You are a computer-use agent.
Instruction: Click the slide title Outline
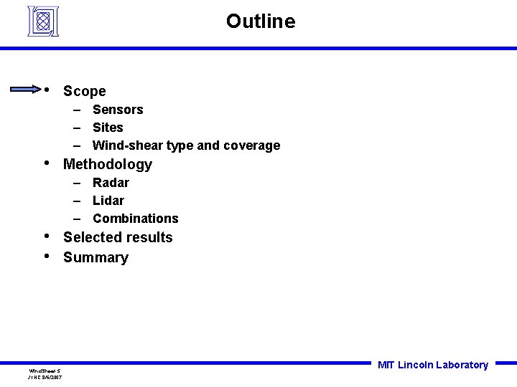click(260, 21)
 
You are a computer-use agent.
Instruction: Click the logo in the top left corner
click(42, 21)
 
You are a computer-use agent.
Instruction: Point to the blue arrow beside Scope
click(25, 90)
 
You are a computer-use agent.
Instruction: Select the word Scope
click(84, 91)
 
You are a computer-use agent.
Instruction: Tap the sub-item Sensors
click(118, 110)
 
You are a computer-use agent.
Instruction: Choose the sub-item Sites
click(108, 128)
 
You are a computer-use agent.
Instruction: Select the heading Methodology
click(108, 164)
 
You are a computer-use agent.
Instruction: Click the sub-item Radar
click(111, 183)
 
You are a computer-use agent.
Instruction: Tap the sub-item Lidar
click(108, 201)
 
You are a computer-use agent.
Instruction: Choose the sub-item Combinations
click(135, 219)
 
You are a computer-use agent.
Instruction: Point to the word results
click(148, 237)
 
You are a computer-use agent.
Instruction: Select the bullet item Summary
click(96, 257)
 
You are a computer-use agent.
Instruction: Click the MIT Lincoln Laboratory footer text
click(432, 365)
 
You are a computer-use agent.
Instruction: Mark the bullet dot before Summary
click(47, 255)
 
